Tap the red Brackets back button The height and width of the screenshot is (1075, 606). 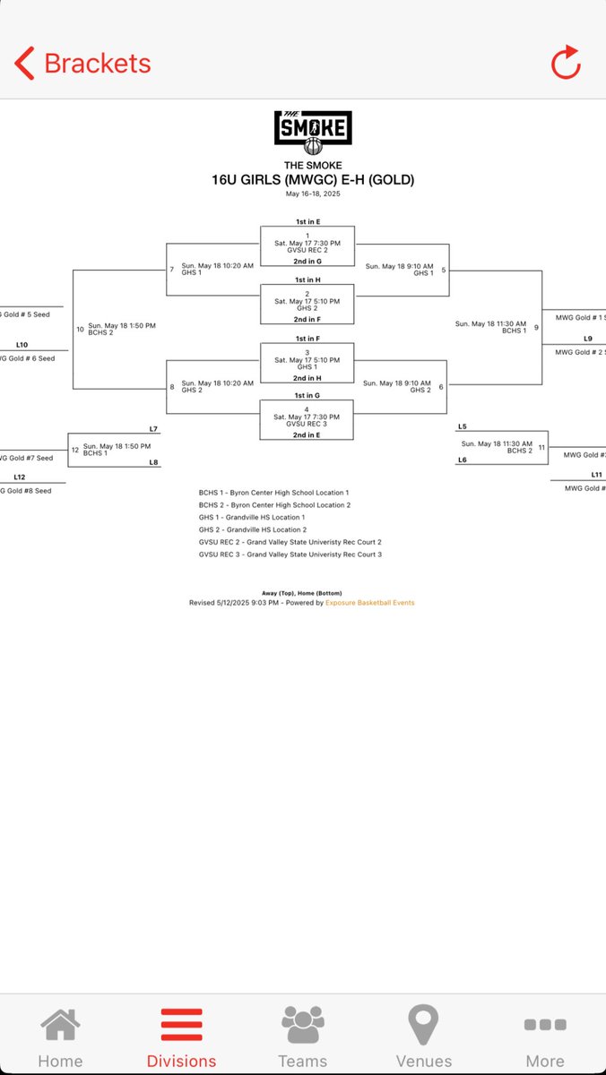tap(82, 64)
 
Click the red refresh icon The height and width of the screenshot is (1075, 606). tap(566, 64)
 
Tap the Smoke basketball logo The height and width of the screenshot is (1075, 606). tap(313, 133)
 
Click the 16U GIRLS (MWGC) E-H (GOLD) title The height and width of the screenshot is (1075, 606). tap(313, 180)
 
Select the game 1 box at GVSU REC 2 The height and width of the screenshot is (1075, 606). tap(307, 244)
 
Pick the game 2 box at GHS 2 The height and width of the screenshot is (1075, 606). tap(307, 302)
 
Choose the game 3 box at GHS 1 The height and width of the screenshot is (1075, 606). tap(307, 360)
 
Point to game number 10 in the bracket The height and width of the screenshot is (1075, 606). tap(80, 329)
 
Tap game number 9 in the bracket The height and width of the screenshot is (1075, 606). tap(536, 327)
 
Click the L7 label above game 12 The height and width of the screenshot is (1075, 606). tap(153, 429)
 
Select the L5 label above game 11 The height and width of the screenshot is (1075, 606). tap(463, 426)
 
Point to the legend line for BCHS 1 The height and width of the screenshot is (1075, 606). tap(273, 493)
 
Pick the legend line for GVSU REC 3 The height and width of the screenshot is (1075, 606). tap(290, 555)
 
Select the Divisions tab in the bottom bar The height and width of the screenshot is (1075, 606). tap(181, 1037)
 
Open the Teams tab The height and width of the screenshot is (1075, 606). tap(303, 1037)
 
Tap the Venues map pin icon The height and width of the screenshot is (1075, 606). tap(423, 1026)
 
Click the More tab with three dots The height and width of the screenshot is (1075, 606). tap(545, 1037)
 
